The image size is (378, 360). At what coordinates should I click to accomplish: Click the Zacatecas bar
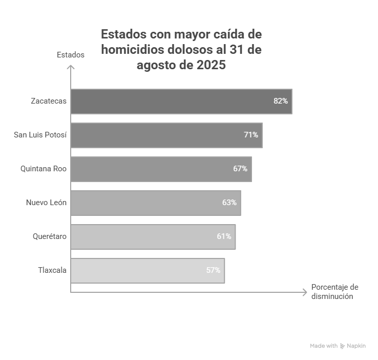181,101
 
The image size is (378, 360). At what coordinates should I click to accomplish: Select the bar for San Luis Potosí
166,135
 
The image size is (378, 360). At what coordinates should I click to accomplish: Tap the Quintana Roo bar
161,169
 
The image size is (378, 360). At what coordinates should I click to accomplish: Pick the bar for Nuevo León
156,203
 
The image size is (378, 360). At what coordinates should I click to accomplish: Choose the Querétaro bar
153,236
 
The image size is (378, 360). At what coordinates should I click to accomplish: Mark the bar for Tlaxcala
148,270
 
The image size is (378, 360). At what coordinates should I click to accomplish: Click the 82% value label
281,101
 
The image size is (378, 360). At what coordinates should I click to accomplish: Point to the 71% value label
251,135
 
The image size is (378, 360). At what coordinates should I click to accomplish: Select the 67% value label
240,169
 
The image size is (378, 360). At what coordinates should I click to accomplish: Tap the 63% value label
229,203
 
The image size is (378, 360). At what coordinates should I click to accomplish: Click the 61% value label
224,236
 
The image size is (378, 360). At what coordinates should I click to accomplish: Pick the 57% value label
214,270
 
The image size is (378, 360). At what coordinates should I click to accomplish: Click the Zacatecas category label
49,101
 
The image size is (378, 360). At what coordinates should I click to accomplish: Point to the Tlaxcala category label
52,270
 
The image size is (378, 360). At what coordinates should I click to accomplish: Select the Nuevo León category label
46,203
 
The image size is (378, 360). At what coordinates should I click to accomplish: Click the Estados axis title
71,55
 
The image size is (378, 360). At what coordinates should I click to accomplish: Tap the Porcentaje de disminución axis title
334,291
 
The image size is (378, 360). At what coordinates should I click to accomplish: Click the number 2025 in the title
211,65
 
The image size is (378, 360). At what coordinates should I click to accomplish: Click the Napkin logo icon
343,346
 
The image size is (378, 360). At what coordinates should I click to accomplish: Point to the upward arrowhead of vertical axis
71,67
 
